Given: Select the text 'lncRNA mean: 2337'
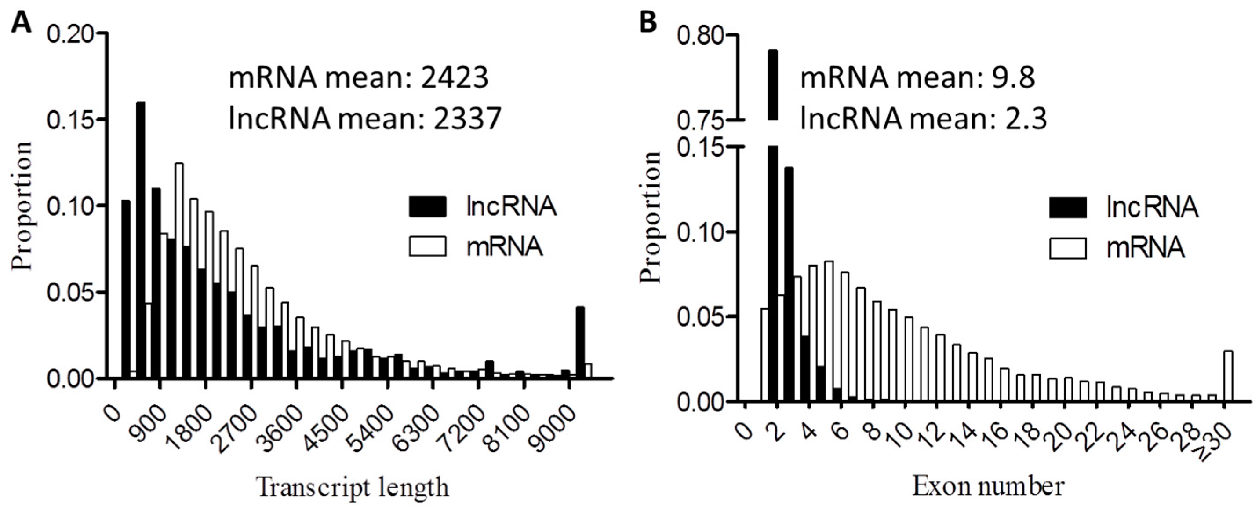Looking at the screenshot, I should click(365, 118).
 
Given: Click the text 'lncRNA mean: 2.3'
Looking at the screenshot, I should click(923, 118).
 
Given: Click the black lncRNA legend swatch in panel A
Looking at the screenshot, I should click(427, 206).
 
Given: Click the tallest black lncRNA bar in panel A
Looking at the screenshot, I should click(141, 240).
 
